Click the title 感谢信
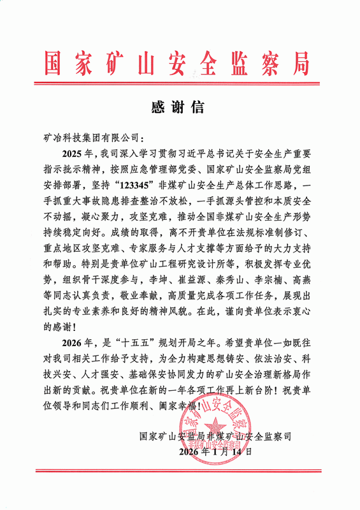(179, 105)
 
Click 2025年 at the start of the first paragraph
(77, 155)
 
